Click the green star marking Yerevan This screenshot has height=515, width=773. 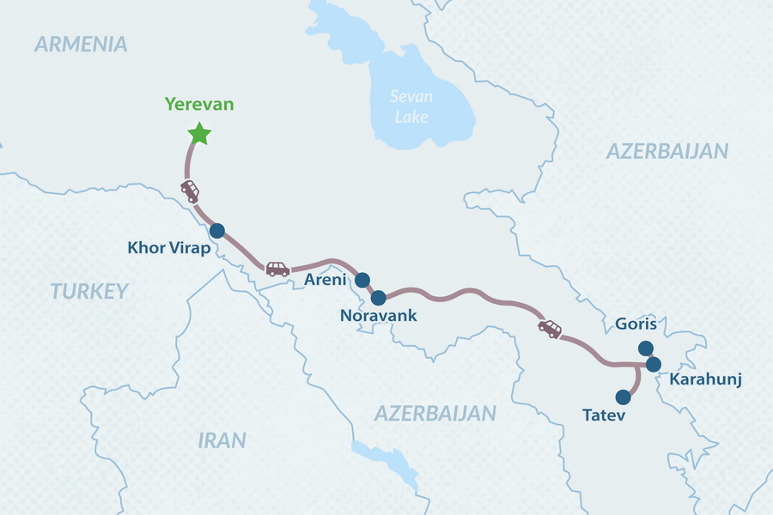pos(199,133)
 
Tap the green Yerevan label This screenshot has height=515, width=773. pos(199,105)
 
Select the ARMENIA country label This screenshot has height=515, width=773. pos(81,45)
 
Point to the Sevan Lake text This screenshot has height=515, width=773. pos(411,106)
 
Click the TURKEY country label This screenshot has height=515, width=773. pos(88,291)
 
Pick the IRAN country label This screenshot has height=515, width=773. pos(222,440)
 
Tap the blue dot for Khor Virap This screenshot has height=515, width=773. pos(216,230)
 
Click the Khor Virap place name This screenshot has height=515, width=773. pos(167,249)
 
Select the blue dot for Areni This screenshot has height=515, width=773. pos(362,279)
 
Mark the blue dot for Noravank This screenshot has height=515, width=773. pos(378,297)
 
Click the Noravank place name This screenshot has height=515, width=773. pos(378,316)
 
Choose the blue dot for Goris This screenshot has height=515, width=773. pos(646,348)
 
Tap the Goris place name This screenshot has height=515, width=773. pos(636,324)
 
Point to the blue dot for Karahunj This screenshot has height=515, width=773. pos(653,364)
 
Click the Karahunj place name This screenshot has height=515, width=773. pos(705,379)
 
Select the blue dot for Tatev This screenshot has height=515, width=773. pos(624,397)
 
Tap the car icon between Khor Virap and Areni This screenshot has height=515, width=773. pos(277,269)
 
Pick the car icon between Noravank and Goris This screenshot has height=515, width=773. pos(550,329)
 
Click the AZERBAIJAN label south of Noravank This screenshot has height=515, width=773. pos(435,413)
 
